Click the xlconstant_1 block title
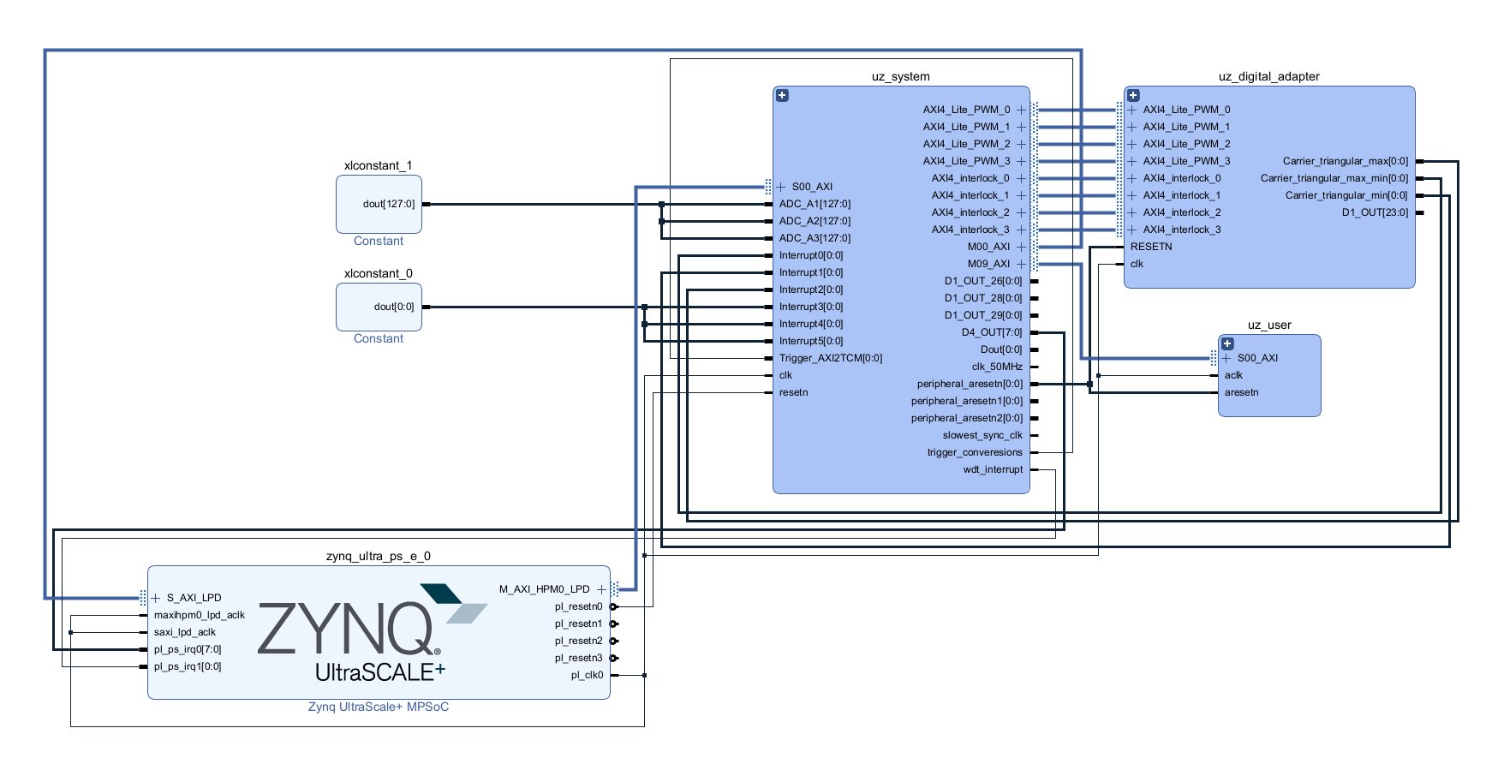378,165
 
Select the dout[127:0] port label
388,204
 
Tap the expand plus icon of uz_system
782,95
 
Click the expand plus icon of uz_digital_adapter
1133,95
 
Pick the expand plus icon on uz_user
1227,343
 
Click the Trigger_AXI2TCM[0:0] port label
830,358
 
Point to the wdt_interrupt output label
993,469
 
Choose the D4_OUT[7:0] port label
991,332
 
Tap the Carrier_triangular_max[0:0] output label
1345,161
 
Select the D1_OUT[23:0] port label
1374,212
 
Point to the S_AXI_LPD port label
194,598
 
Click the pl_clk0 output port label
587,675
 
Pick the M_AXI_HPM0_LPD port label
544,589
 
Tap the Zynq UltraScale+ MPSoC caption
378,707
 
